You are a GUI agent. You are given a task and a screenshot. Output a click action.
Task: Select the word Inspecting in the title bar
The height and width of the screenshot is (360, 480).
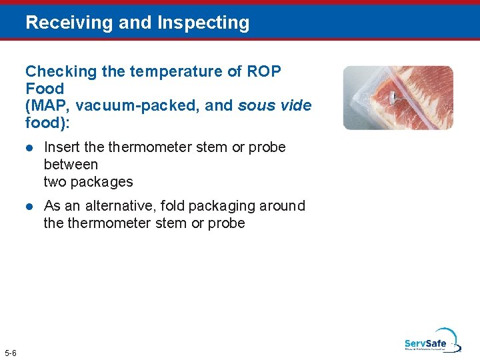coord(203,23)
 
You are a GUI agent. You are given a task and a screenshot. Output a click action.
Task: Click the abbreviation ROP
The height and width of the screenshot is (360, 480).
coord(265,71)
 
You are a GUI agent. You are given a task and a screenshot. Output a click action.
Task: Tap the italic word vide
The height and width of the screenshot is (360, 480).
coord(296,106)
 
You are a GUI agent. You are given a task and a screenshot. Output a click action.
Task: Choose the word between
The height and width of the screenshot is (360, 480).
coord(71,165)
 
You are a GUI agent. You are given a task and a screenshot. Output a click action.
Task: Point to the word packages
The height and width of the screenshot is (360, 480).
coord(102,182)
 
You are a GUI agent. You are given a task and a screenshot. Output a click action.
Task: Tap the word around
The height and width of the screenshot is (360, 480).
coord(283,206)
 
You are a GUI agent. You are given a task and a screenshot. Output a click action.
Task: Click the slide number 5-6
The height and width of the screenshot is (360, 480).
coord(11,352)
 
